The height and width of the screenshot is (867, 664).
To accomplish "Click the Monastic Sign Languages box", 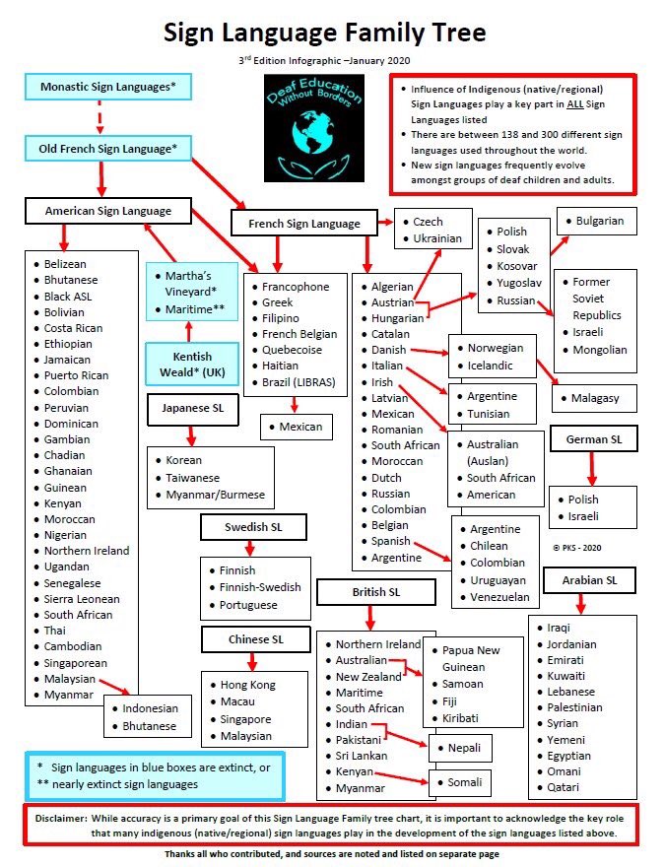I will pyautogui.click(x=107, y=87).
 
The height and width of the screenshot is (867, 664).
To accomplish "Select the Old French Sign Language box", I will pyautogui.click(x=107, y=149).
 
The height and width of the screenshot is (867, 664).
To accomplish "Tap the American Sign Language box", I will pyautogui.click(x=107, y=211).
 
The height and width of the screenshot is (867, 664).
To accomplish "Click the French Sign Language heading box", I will pyautogui.click(x=303, y=224).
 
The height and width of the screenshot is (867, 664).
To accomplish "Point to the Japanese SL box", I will pyautogui.click(x=192, y=408).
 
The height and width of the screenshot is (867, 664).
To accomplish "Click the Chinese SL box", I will pyautogui.click(x=255, y=639).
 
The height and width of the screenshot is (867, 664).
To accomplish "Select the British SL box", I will pyautogui.click(x=375, y=592).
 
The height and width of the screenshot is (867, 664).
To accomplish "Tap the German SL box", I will pyautogui.click(x=601, y=438).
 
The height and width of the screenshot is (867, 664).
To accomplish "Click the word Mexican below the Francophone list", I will pyautogui.click(x=299, y=427).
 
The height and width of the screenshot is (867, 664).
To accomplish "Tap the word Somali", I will pyautogui.click(x=465, y=782).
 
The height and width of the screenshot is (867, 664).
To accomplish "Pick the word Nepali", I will pyautogui.click(x=463, y=749).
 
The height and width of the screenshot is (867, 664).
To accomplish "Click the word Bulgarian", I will pyautogui.click(x=599, y=221).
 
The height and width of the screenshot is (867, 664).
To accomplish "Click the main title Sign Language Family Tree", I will pyautogui.click(x=324, y=33).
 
